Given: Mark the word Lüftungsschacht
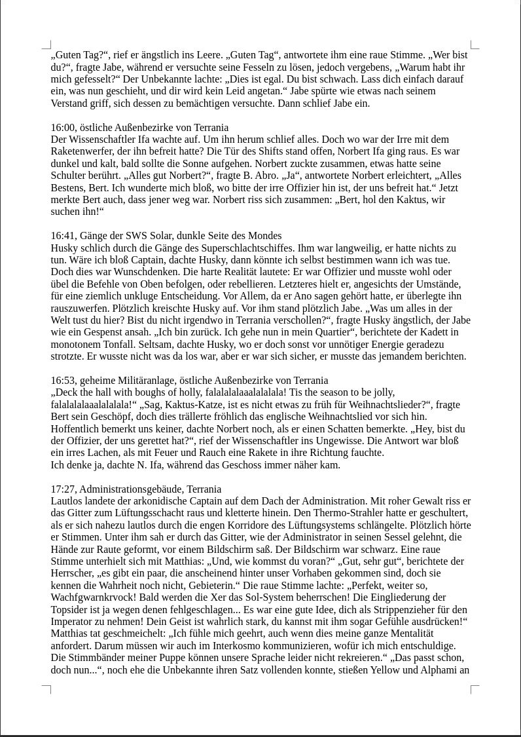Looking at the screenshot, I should (x=132, y=513).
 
